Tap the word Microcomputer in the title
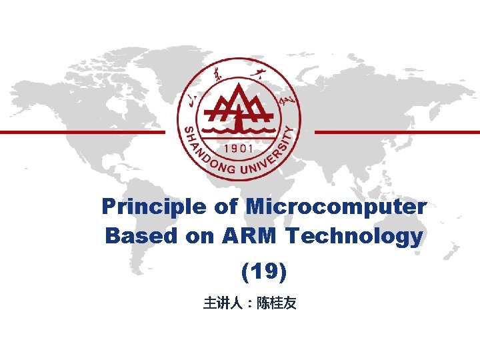click(336, 207)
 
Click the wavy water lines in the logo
click(238, 127)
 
